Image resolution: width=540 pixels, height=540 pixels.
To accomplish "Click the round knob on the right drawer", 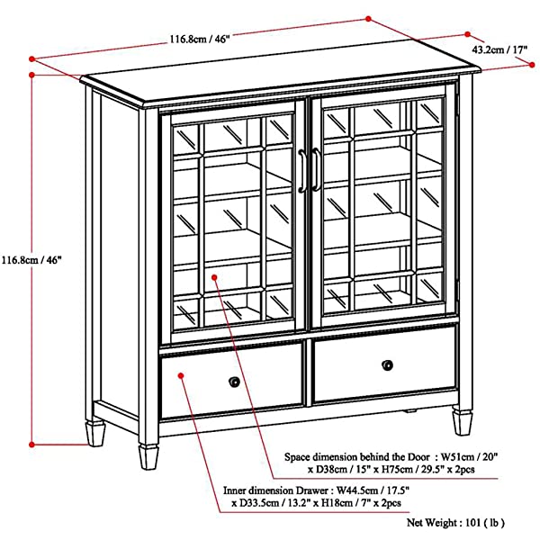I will [388, 364].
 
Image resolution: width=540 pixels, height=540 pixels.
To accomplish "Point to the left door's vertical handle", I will [303, 170].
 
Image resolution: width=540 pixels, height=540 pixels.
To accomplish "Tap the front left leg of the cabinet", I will [146, 454].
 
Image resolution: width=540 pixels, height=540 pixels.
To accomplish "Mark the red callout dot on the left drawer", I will [181, 368].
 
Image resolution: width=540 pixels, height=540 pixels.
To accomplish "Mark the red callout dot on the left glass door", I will [214, 277].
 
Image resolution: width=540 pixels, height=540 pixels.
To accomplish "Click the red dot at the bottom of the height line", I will [32, 443].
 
